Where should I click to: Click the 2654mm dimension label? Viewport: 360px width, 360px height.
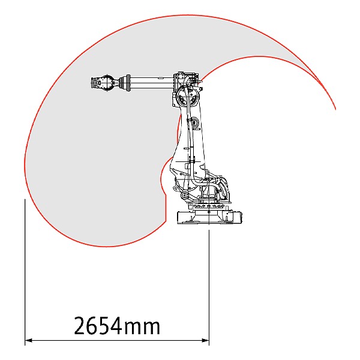tap(117, 326)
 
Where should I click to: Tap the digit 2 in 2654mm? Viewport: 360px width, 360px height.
tap(80, 326)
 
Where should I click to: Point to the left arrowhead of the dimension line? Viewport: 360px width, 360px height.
tap(28, 340)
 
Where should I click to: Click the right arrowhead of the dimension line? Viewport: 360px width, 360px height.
tap(205, 340)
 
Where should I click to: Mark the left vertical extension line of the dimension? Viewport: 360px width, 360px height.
tap(25, 272)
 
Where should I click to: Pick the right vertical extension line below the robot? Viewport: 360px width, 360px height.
tap(209, 287)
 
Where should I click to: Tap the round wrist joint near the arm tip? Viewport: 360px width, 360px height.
tap(107, 83)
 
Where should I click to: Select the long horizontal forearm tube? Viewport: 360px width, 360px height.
tap(152, 82)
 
